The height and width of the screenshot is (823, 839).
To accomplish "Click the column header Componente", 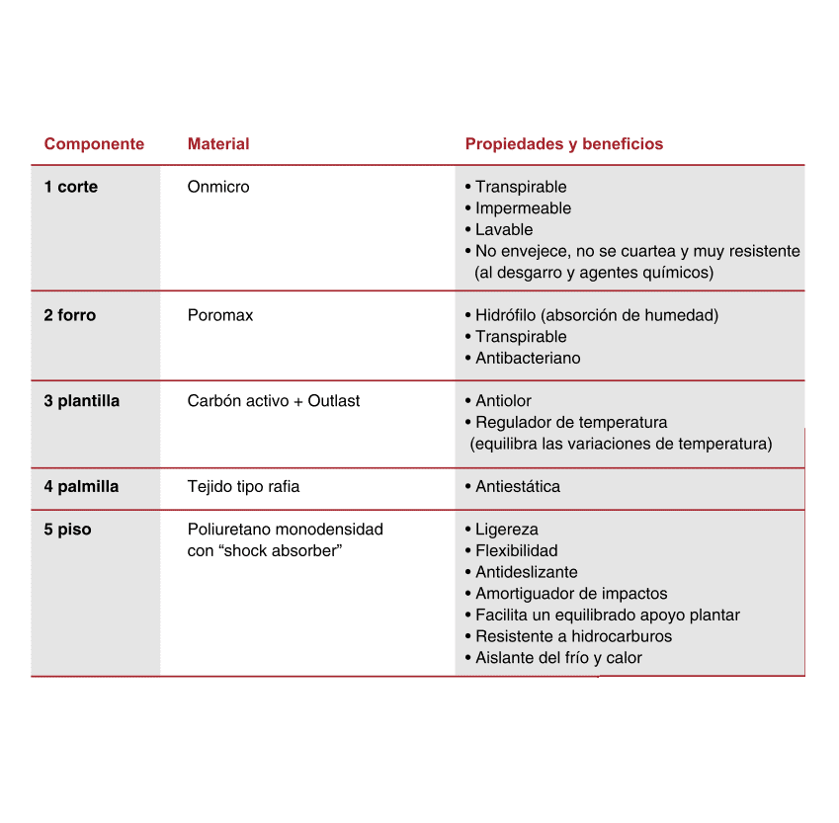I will (94, 144).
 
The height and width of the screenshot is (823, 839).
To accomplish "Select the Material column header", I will (218, 144).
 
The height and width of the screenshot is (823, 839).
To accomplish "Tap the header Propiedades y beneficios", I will (563, 144).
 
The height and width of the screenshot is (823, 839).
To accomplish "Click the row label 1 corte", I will (71, 187).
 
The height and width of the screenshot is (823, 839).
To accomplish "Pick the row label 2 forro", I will (70, 315).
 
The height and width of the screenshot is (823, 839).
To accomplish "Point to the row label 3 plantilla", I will (81, 401).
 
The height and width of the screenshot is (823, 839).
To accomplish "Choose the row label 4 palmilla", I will (81, 486).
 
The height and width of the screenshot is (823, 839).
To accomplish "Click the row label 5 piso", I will (67, 530).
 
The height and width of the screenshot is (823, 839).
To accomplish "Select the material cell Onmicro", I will (218, 187).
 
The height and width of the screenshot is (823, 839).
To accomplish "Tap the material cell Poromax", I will (220, 315).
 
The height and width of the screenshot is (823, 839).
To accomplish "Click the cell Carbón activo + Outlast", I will (274, 401).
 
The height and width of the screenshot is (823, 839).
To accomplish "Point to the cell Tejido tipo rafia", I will (243, 486).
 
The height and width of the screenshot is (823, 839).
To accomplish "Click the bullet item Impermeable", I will (523, 208).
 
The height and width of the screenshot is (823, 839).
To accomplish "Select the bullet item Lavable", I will (504, 230).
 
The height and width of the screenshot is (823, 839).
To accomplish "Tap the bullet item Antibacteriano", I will (528, 359).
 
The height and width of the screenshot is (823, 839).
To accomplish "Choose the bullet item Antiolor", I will (503, 401).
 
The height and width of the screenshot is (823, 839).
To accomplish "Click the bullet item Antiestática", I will (517, 486).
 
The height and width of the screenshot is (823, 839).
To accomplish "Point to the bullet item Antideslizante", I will (526, 572).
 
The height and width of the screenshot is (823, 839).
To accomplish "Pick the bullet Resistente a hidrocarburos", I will (573, 636).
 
